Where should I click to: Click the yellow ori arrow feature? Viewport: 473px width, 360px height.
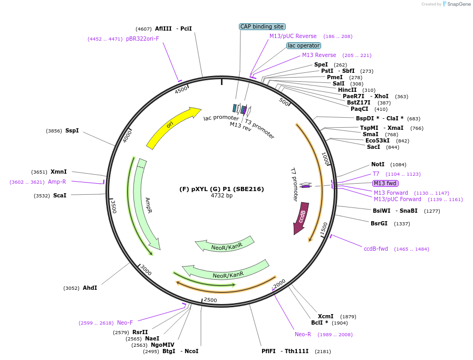[171, 127]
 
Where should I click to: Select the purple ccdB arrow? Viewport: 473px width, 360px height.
[301, 217]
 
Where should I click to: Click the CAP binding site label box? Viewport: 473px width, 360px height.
[262, 26]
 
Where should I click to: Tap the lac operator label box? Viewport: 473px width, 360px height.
[304, 45]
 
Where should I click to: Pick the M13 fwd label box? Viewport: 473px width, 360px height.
[385, 183]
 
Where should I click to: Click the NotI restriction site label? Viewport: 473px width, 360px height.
[378, 164]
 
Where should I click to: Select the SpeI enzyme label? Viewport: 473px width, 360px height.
[321, 64]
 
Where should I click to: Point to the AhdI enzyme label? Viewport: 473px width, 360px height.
[90, 288]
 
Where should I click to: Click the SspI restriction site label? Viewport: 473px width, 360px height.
[72, 130]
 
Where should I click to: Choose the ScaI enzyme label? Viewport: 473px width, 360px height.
[60, 195]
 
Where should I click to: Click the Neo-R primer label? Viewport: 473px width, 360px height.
[303, 334]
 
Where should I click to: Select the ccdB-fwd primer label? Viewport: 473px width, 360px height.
[376, 249]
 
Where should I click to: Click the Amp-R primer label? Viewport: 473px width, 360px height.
[57, 182]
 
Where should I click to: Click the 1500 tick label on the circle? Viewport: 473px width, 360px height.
[324, 228]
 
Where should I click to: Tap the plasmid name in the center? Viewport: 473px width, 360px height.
[221, 189]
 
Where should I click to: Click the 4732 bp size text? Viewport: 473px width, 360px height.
[221, 196]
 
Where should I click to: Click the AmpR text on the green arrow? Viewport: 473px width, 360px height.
[148, 205]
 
